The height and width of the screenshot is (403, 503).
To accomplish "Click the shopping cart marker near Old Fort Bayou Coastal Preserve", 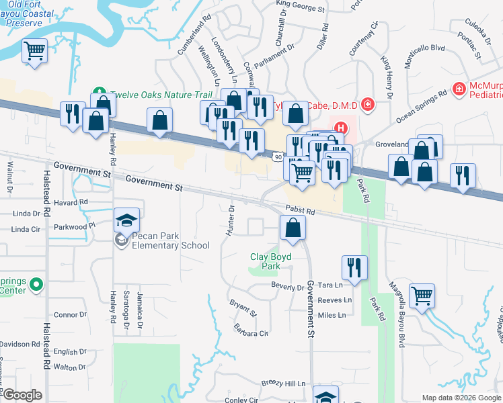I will pos(34,51).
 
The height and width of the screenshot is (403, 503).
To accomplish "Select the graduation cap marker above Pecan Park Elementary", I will pos(126,220).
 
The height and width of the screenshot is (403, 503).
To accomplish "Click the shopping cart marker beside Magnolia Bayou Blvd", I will pos(422,295).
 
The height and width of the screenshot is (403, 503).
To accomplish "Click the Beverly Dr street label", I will pos(288,287).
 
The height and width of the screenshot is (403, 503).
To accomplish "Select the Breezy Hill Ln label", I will pos(282,384).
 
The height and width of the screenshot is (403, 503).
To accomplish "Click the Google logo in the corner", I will pos(22,395).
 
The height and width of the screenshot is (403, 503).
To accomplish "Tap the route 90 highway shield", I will pos(277,156).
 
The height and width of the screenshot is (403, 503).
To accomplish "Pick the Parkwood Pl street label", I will pos(74,226).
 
